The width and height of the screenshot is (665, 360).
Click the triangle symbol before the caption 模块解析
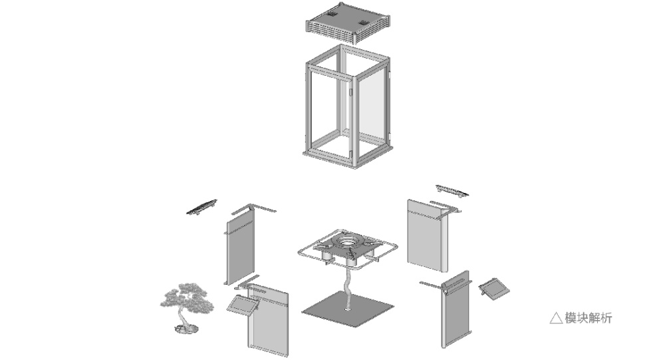pyautogui.click(x=556, y=318)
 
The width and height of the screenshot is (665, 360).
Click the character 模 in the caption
pyautogui.click(x=571, y=318)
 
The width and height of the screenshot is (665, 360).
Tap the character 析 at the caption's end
pyautogui.click(x=606, y=318)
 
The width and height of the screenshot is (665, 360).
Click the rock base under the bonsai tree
pyautogui.click(x=186, y=328)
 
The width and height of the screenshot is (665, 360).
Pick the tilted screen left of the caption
pyautogui.click(x=495, y=289)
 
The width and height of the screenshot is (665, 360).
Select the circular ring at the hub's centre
pyautogui.click(x=348, y=242)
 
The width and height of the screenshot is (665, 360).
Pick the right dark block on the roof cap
pyautogui.click(x=364, y=23)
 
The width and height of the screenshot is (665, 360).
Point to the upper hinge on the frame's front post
pyautogui.click(x=350, y=92)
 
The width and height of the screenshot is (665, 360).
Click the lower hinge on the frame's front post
pyautogui.click(x=350, y=152)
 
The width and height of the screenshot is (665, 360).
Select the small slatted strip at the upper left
pyautogui.click(x=202, y=206)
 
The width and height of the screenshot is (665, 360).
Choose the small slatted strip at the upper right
pyautogui.click(x=452, y=190)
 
